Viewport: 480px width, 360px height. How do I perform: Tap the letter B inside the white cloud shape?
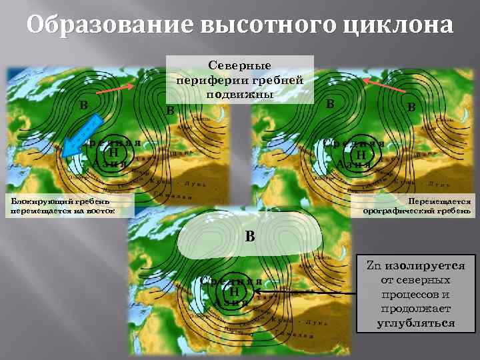point(249,235)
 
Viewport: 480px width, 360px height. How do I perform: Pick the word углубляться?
point(416,323)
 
